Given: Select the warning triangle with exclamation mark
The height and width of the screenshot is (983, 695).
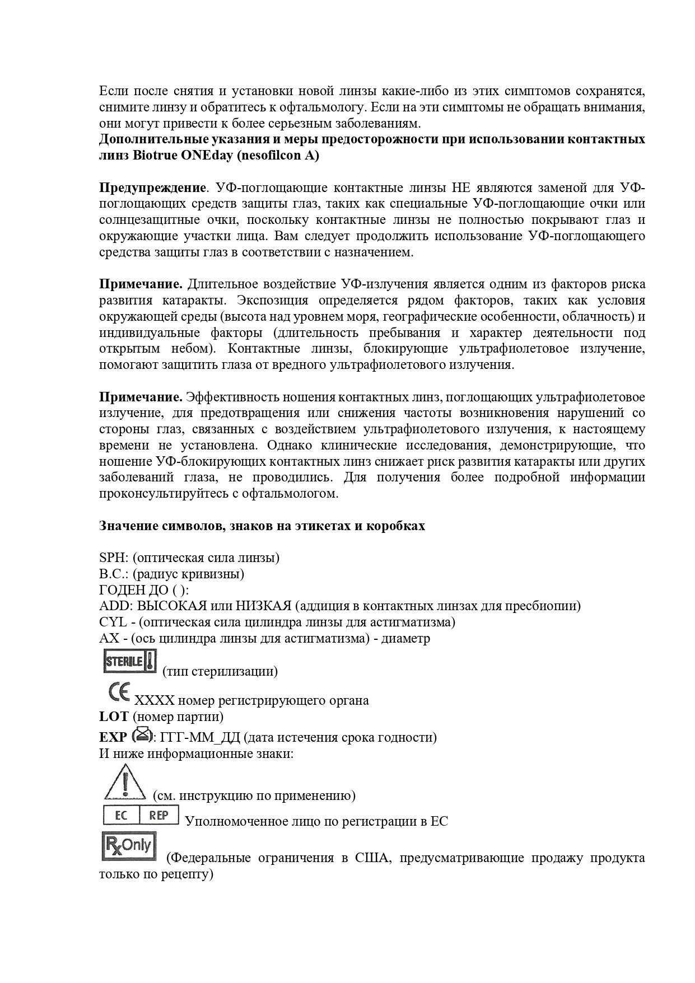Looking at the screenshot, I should (x=125, y=781).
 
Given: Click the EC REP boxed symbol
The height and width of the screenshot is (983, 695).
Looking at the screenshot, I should (x=141, y=815).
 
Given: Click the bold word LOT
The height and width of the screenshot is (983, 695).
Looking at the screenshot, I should (x=114, y=716).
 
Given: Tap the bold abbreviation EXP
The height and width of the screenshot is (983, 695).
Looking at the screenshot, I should (x=113, y=737).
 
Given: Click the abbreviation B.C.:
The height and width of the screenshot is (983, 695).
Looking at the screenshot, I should (x=115, y=574).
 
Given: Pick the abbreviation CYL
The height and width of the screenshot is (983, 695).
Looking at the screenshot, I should (x=113, y=622).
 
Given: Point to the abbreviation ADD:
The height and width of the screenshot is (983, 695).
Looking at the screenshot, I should (x=116, y=606).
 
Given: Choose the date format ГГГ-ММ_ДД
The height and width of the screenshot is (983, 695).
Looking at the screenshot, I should (x=200, y=737).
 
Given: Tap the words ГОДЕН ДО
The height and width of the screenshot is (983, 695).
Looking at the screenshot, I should (x=137, y=590).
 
